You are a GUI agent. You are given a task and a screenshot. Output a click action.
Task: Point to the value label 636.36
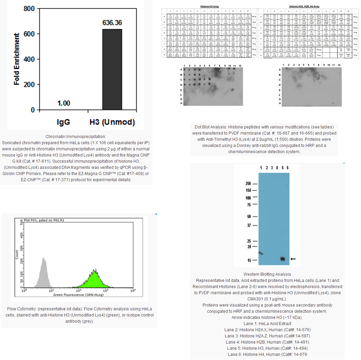112,23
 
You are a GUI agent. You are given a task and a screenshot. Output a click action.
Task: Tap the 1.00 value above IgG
64,103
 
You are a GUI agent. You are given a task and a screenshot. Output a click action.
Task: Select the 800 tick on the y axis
29,9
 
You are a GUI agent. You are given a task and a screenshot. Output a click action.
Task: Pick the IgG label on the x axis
64,122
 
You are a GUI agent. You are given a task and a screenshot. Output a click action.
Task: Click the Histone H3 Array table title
209,7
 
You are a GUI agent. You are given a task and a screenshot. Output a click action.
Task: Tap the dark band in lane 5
283,259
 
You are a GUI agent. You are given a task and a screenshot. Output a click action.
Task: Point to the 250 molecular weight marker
248,183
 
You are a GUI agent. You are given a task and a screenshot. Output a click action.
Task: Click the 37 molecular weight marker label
249,225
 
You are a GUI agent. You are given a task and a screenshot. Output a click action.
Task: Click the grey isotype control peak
43,271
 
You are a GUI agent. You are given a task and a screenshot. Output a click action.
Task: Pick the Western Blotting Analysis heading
267,274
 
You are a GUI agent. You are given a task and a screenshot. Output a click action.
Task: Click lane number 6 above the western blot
288,167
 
